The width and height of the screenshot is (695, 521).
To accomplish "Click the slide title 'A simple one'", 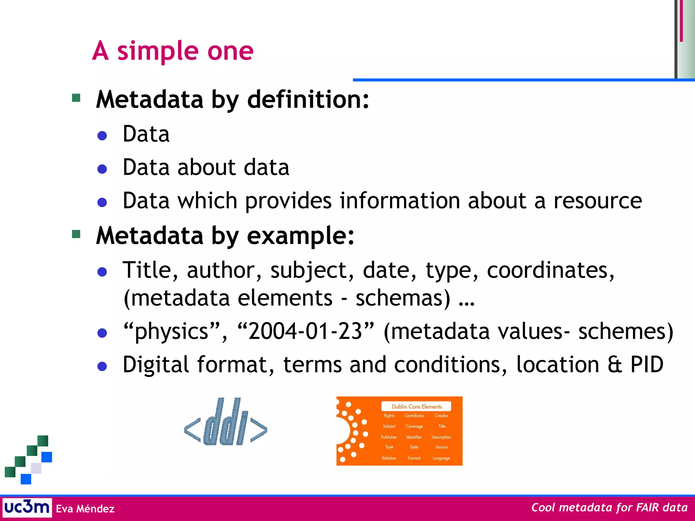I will [173, 51].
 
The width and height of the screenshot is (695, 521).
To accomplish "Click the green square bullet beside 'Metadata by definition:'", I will [76, 98].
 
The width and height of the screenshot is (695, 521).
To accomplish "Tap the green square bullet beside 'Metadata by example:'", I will [76, 234].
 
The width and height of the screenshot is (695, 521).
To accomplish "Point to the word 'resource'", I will [598, 200].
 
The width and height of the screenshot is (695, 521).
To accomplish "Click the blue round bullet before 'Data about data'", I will [102, 169].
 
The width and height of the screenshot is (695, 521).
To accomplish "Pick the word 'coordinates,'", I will [550, 270].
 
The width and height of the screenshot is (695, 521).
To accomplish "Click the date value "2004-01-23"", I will [305, 331].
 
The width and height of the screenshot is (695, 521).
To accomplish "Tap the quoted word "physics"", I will [172, 331].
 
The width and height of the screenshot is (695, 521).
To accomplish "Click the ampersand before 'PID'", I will [615, 365].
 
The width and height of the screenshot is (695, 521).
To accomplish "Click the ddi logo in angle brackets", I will [226, 422].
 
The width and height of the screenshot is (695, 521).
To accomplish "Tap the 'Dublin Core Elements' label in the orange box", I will [416, 406].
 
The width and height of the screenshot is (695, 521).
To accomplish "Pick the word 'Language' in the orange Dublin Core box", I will [441, 458].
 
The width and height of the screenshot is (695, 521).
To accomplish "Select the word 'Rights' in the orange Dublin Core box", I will [389, 416].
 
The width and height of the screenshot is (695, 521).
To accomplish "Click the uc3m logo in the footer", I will [27, 507].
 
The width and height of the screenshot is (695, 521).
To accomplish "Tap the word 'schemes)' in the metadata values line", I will [625, 331].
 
